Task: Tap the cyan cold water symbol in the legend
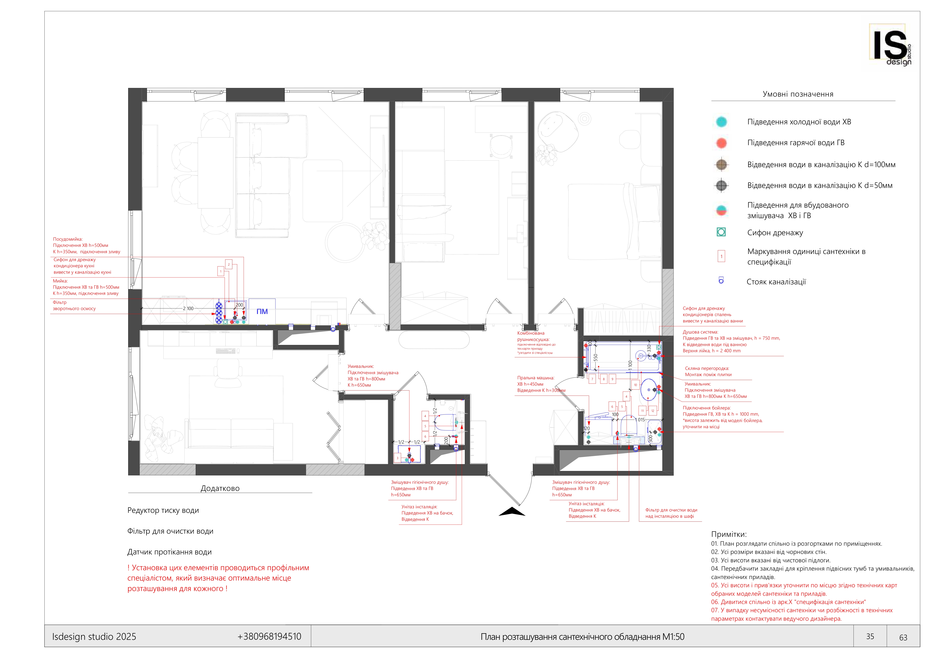pyautogui.click(x=721, y=122)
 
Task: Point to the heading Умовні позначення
pyautogui.click(x=798, y=94)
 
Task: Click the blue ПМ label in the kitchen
pyautogui.click(x=262, y=312)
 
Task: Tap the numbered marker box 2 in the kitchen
pyautogui.click(x=229, y=265)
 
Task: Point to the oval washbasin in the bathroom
pyautogui.click(x=649, y=390)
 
